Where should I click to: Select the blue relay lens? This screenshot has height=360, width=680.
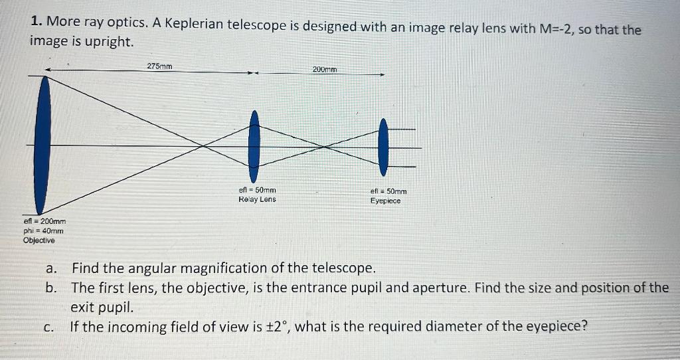[x=254, y=141]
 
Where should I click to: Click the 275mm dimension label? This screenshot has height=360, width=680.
[x=159, y=66]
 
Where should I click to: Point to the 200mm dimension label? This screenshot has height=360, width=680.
[x=325, y=69]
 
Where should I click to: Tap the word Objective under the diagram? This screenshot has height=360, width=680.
[x=39, y=240]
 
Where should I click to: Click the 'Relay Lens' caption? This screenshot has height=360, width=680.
[x=257, y=199]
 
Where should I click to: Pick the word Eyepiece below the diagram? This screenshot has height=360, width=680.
[x=386, y=201]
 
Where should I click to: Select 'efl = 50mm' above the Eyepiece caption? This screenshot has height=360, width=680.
[x=388, y=191]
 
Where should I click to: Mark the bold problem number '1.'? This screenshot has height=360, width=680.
[x=37, y=22]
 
